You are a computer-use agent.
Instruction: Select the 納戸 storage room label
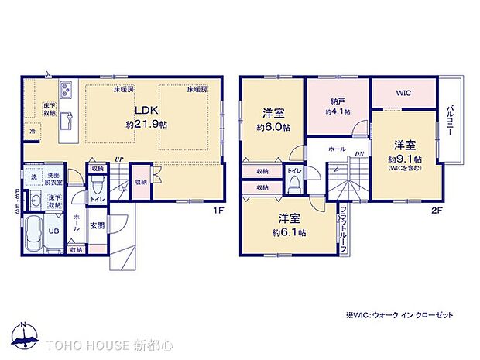pos(337,101)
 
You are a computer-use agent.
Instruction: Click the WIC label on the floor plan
pos(403,94)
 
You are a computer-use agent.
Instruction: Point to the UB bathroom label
pos(55,230)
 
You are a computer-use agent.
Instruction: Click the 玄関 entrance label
pos(97,226)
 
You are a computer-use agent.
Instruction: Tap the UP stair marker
pos(118,159)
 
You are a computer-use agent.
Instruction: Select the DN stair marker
pos(359,154)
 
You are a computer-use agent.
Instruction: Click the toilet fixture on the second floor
pos(294,183)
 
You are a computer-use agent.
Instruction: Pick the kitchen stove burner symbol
pos(65,87)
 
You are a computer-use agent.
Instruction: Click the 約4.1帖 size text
pos(337,111)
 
